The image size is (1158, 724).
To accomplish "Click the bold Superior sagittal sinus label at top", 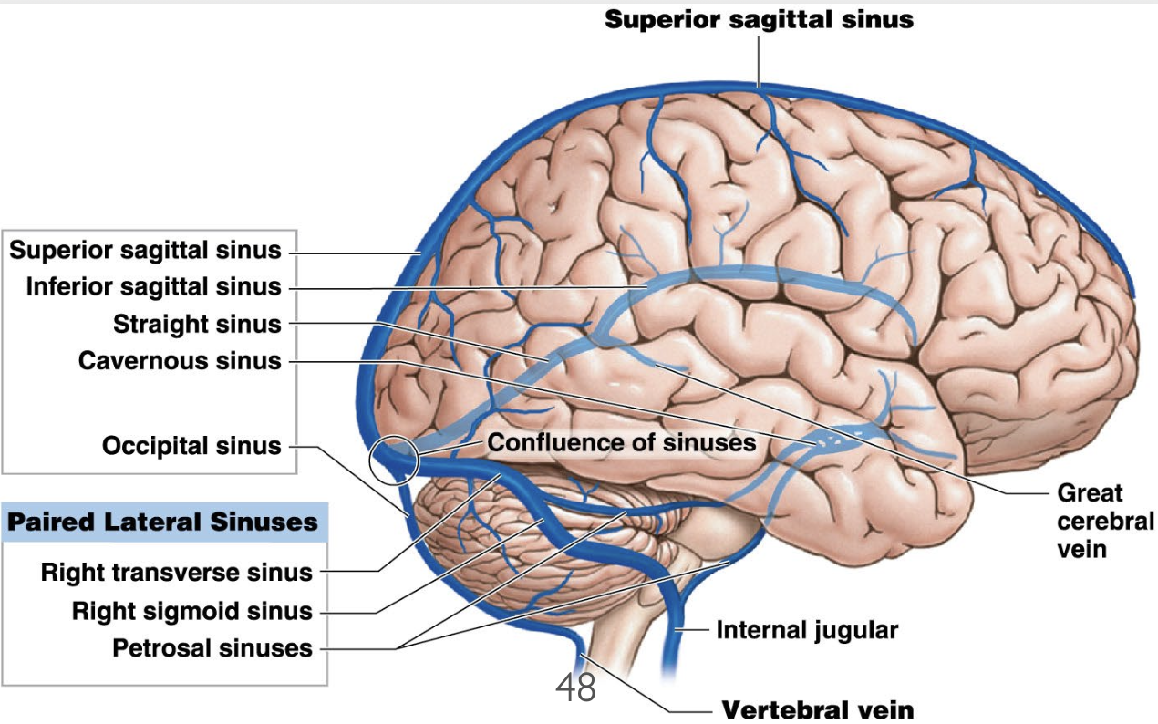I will (759, 19).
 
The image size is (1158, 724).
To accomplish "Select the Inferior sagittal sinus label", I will (154, 287).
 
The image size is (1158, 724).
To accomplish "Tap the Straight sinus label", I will (197, 324).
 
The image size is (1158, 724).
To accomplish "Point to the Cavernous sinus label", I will (180, 361).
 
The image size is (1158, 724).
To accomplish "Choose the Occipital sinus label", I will (191, 446).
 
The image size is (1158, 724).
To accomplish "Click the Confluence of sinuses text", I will (622, 443).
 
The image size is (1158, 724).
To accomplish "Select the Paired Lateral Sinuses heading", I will (163, 522).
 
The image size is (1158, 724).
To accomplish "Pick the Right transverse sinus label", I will (177, 574).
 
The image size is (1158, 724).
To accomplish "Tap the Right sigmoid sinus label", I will (191, 611).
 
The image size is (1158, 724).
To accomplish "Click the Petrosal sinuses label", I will (212, 648).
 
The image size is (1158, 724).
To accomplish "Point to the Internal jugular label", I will (807, 630).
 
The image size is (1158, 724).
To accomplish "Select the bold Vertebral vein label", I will (817, 709).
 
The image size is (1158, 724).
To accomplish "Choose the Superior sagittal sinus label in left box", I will (146, 250).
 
